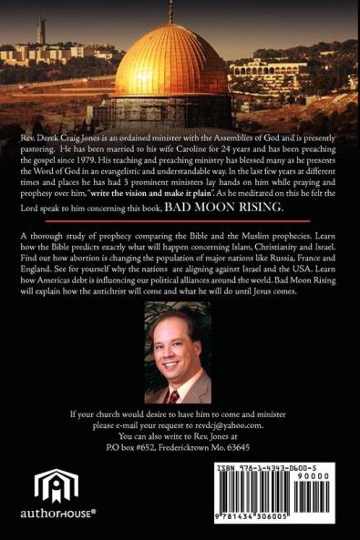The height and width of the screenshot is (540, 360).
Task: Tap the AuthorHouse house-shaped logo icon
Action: pos(57,484)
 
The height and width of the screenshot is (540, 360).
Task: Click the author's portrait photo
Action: pos(179,358)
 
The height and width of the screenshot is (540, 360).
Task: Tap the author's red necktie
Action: pos(174,395)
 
